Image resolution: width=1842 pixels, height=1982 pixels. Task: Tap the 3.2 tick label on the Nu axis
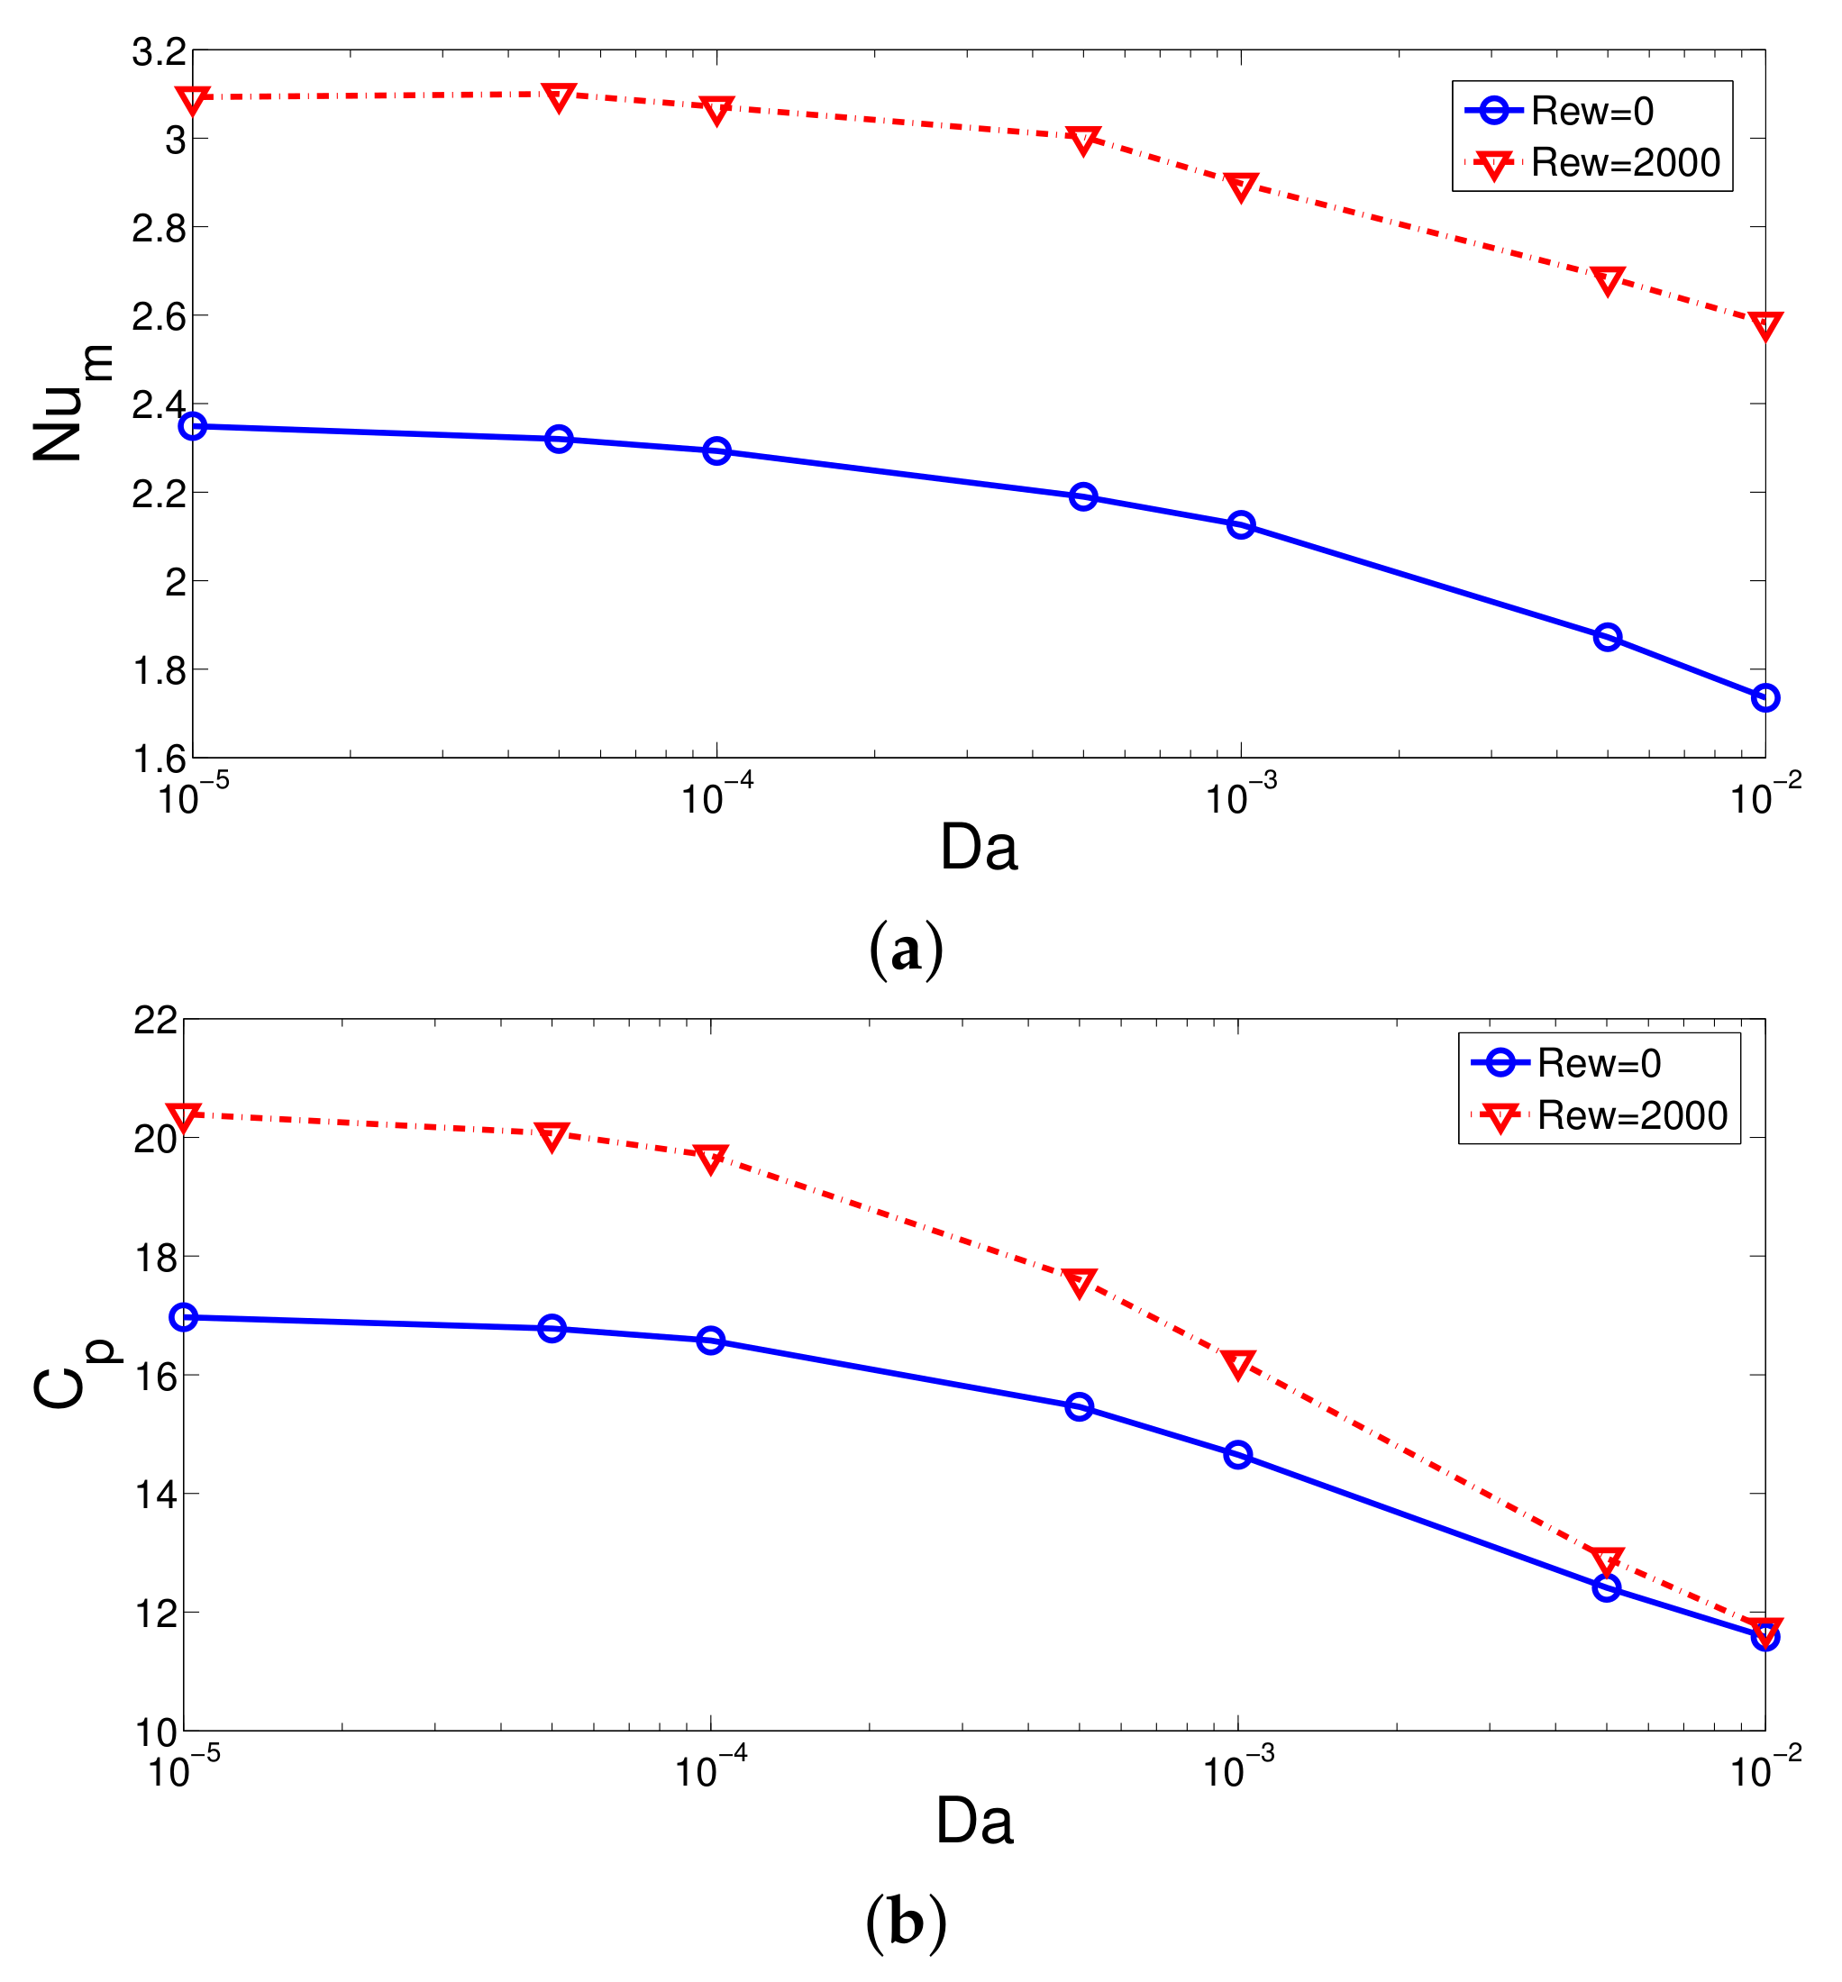click(160, 52)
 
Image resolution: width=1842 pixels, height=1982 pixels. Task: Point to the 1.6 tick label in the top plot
click(160, 759)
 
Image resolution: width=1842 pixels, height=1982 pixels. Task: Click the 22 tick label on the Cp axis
click(156, 1021)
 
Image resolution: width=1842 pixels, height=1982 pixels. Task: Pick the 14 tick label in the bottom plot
click(156, 1494)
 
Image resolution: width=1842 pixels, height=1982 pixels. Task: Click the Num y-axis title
click(72, 404)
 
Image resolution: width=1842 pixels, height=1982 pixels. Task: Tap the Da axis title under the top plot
click(978, 848)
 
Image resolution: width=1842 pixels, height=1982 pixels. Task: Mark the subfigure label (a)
click(905, 950)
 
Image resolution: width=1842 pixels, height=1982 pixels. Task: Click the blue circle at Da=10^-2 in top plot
click(1764, 697)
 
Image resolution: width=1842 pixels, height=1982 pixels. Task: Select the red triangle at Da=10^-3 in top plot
click(1240, 186)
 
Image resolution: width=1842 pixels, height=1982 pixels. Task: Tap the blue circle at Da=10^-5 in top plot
click(192, 426)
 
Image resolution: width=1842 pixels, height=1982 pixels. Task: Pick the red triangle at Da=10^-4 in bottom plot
click(711, 1158)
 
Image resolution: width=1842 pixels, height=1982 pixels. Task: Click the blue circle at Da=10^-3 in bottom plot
click(1237, 1455)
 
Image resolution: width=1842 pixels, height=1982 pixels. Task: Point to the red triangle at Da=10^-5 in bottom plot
click(185, 1116)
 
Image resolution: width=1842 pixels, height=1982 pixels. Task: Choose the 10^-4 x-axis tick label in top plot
click(716, 797)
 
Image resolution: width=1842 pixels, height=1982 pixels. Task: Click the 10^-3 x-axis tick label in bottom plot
click(1237, 1771)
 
